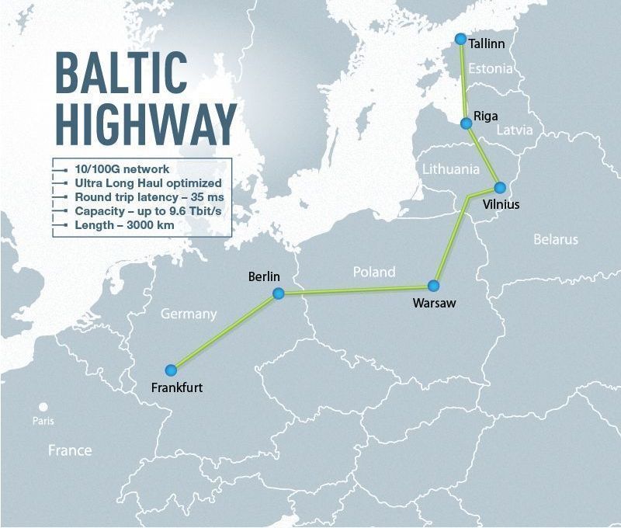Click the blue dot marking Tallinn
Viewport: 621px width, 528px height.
[x=461, y=39]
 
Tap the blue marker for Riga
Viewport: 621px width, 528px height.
[x=466, y=123]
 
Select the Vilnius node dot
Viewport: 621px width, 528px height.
[x=500, y=187]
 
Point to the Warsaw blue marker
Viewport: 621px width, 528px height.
[x=434, y=286]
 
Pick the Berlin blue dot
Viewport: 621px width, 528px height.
[x=279, y=294]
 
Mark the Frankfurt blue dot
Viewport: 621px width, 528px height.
[x=172, y=370]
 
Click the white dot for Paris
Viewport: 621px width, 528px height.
[x=44, y=407]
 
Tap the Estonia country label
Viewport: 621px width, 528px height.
[x=491, y=68]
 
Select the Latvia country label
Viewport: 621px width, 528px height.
[x=515, y=130]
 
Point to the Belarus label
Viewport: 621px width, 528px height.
[x=555, y=239]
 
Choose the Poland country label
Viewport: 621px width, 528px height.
[x=374, y=272]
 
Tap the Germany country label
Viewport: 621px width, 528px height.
[x=188, y=314]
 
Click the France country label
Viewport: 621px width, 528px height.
[x=70, y=450]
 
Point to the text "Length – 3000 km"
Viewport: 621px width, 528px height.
[x=124, y=225]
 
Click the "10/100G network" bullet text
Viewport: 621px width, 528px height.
[x=122, y=168]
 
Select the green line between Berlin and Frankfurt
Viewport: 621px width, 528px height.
[x=225, y=332]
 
